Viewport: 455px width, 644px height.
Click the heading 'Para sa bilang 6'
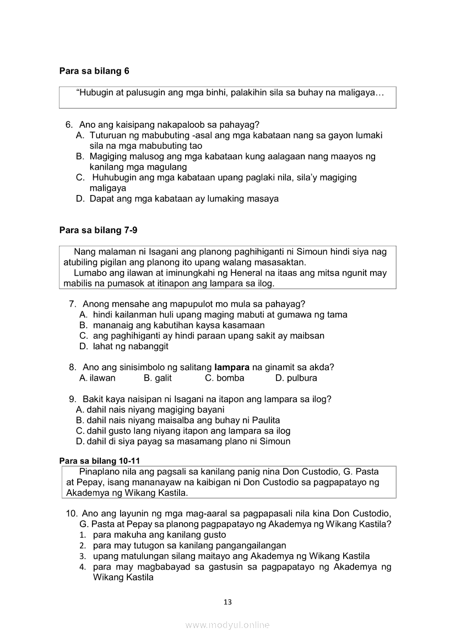(x=94, y=71)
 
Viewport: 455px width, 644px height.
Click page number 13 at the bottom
(x=227, y=602)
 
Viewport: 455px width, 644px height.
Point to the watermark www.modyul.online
(x=227, y=625)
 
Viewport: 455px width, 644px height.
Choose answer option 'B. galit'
(x=158, y=378)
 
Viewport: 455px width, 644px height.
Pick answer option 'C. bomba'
(x=224, y=378)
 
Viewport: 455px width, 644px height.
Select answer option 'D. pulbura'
(x=296, y=378)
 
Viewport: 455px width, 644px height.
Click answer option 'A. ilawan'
(x=97, y=378)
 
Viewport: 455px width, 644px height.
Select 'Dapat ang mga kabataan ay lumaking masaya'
(x=184, y=199)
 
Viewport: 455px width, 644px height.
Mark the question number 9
(x=72, y=399)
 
